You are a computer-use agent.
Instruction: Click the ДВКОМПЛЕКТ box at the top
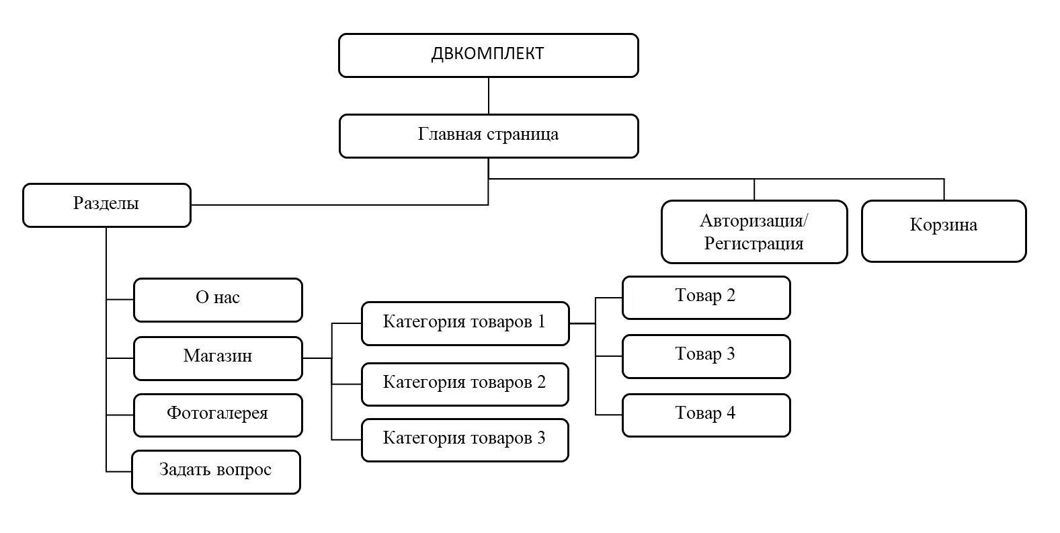tap(488, 55)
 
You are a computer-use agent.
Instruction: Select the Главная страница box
tap(488, 136)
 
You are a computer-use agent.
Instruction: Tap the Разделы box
tap(106, 205)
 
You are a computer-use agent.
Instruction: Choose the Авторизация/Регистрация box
tap(753, 232)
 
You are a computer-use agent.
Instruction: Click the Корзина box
tap(943, 231)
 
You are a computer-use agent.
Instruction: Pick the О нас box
tap(218, 300)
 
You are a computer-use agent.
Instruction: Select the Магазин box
tap(218, 358)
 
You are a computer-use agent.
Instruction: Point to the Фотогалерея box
tap(218, 415)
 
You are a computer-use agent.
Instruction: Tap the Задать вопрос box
tap(216, 472)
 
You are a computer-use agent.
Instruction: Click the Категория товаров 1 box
tap(464, 323)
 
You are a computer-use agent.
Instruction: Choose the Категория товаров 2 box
tap(464, 384)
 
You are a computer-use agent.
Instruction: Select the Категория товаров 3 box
tap(464, 440)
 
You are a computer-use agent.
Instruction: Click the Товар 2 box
tap(706, 297)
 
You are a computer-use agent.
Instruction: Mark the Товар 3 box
tap(706, 356)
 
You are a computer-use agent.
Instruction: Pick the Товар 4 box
tap(706, 415)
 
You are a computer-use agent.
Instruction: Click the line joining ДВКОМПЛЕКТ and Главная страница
tap(489, 95)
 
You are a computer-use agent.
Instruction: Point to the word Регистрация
tap(753, 243)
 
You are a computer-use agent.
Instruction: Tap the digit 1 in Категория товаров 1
tap(541, 322)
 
